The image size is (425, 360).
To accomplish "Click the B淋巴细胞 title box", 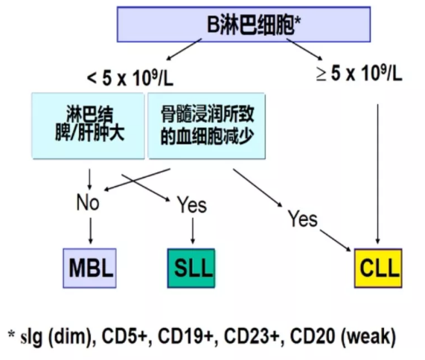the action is [x=243, y=25].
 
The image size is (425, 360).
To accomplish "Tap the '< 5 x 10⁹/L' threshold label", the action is [x=130, y=78].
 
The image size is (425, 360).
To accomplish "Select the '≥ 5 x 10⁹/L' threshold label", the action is [x=360, y=73].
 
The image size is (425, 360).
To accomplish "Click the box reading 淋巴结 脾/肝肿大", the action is [x=88, y=126].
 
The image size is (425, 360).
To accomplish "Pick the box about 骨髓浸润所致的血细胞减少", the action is [x=206, y=126].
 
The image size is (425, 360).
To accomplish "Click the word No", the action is [x=88, y=202].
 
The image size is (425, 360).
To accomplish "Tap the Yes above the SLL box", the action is [x=192, y=205].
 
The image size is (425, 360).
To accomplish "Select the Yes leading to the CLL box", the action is [x=302, y=219].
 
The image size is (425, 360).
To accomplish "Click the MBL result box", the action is [x=90, y=268].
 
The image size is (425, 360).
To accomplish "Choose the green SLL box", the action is [x=191, y=268].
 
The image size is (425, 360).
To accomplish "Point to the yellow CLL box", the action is [x=378, y=268].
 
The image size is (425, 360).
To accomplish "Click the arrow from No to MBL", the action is [x=91, y=231].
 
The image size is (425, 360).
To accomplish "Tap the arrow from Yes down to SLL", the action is [x=193, y=231].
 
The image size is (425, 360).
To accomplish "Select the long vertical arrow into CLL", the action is [x=378, y=174].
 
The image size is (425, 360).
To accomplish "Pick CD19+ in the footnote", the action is [x=188, y=336].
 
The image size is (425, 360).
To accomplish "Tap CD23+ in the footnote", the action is [x=254, y=336].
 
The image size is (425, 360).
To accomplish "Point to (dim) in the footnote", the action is [x=72, y=337].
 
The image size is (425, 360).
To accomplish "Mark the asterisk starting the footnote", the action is [x=11, y=333].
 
